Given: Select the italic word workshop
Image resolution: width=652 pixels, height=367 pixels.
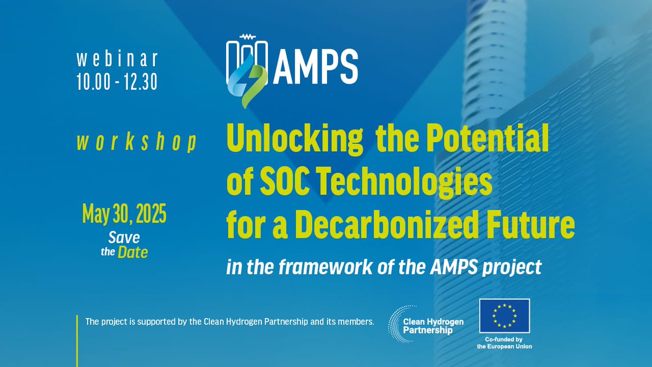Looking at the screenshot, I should pyautogui.click(x=136, y=142).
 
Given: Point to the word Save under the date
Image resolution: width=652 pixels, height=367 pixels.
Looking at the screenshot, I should pyautogui.click(x=123, y=238).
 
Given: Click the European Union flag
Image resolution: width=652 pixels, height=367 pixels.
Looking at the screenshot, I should pyautogui.click(x=504, y=316).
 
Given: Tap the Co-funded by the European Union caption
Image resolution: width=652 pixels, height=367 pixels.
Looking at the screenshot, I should pyautogui.click(x=504, y=343).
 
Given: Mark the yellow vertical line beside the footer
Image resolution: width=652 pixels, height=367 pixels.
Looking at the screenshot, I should pyautogui.click(x=78, y=340).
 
